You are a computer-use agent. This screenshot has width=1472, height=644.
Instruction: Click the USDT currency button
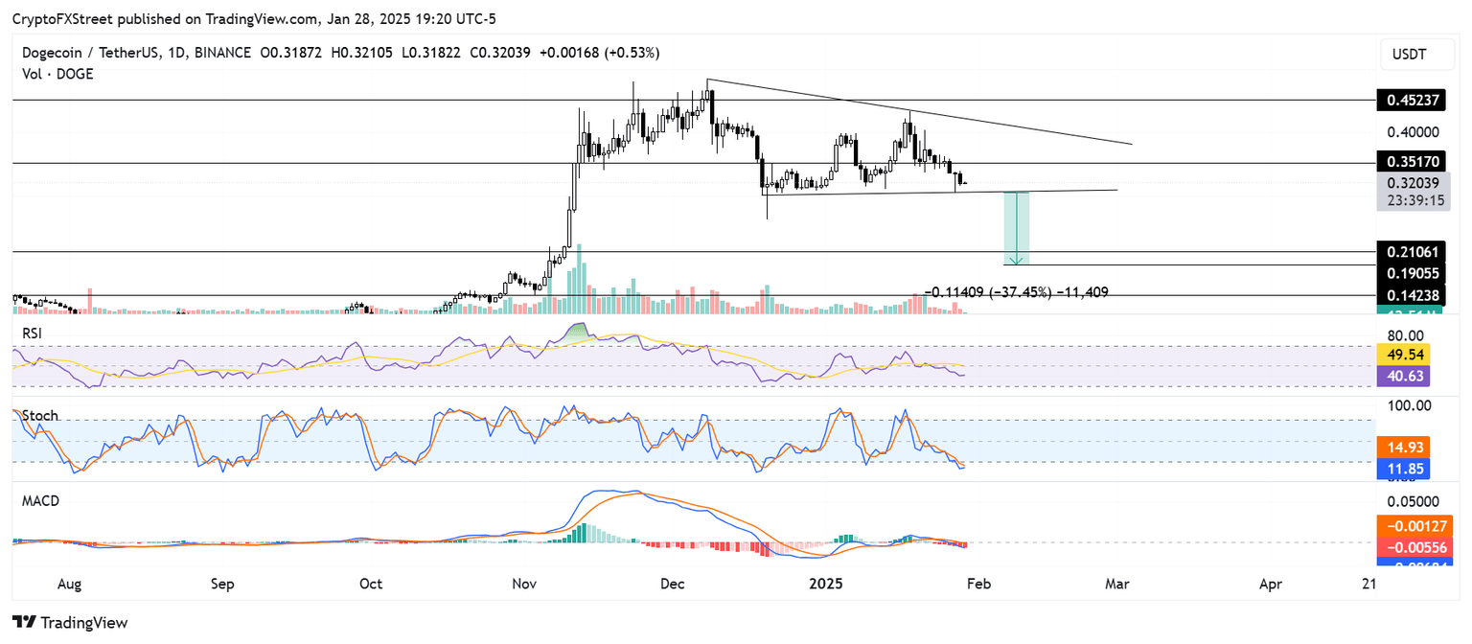tap(1410, 55)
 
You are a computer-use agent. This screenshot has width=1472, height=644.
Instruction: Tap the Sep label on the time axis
tap(222, 584)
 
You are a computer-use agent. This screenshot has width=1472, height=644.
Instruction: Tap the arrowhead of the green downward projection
tap(1017, 261)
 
